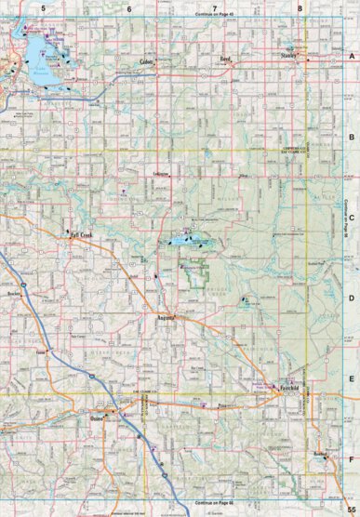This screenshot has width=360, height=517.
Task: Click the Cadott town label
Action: [145, 61]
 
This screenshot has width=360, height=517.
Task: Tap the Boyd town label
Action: [224, 59]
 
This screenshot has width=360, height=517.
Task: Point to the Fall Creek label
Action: [82, 236]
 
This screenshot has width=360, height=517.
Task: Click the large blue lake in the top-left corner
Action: [39, 56]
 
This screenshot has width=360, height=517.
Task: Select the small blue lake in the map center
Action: [180, 243]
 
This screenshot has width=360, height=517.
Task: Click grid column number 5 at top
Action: [43, 7]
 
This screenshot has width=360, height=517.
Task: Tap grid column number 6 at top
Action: [129, 7]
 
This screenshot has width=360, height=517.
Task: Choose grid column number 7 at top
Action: [214, 7]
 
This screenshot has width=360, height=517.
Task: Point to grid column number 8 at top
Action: [300, 7]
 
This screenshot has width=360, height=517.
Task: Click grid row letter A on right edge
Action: [352, 56]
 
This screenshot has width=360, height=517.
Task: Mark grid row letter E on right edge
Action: [352, 379]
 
